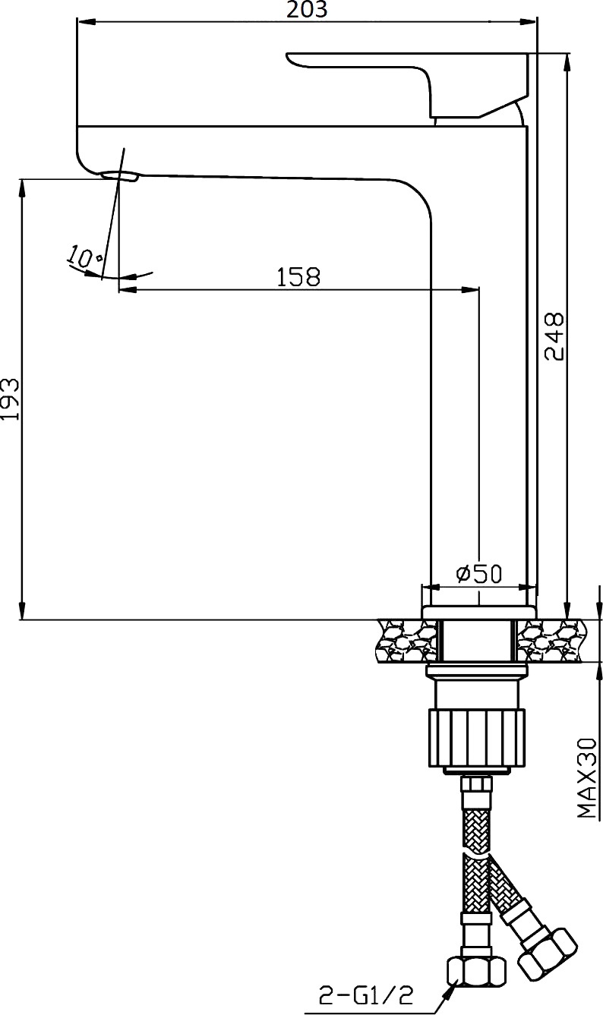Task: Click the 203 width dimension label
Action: pyautogui.click(x=307, y=9)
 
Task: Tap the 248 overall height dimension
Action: pyautogui.click(x=554, y=336)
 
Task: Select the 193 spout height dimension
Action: pyautogui.click(x=11, y=399)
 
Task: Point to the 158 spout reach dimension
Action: pyautogui.click(x=298, y=277)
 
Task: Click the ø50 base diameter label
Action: pyautogui.click(x=478, y=574)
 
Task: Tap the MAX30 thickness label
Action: pyautogui.click(x=587, y=778)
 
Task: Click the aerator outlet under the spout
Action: pyautogui.click(x=121, y=176)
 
